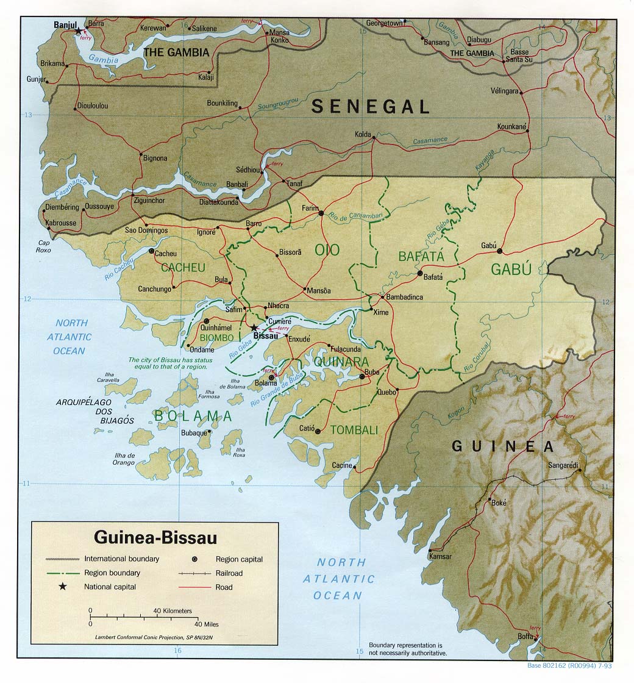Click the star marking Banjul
(78, 30)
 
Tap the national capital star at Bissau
(254, 327)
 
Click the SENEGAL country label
(371, 107)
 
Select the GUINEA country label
(503, 446)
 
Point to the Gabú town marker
(500, 251)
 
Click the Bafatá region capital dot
(420, 274)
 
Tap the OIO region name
(327, 249)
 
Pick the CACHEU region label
(183, 268)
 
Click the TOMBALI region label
(354, 430)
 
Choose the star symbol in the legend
(62, 587)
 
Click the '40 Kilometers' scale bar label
(173, 610)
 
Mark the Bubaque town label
(194, 433)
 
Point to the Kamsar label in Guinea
(440, 556)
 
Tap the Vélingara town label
(505, 91)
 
